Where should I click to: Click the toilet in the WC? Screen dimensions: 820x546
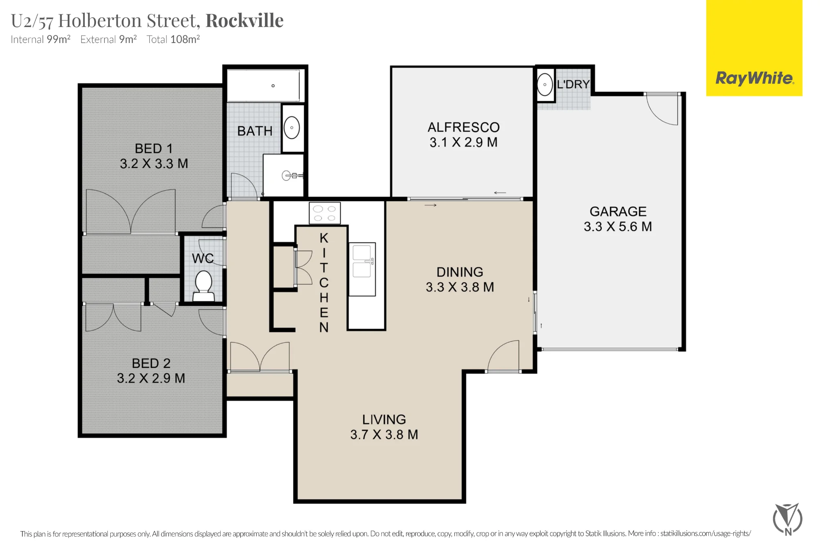click(204, 285)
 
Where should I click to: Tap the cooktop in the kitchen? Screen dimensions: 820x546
click(324, 213)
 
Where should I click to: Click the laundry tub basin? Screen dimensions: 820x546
click(545, 84)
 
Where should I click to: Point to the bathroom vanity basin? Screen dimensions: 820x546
click(292, 127)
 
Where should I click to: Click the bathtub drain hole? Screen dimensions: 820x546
click(273, 86)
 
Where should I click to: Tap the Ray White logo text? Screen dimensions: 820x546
click(754, 78)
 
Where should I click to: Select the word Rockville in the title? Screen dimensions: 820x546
click(244, 20)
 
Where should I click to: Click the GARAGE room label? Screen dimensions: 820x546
click(618, 211)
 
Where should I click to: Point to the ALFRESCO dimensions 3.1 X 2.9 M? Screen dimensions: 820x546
click(463, 142)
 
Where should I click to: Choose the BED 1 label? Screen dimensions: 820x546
click(154, 148)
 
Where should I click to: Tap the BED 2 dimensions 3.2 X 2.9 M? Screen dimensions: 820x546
click(151, 378)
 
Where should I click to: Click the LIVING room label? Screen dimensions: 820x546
click(384, 419)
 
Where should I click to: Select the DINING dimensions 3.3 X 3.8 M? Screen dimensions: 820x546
click(460, 287)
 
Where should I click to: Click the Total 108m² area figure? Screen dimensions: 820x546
click(173, 39)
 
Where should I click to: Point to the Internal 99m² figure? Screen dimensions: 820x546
click(41, 39)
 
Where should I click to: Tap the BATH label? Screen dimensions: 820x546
click(255, 131)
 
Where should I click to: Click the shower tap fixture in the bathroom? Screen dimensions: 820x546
click(292, 176)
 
